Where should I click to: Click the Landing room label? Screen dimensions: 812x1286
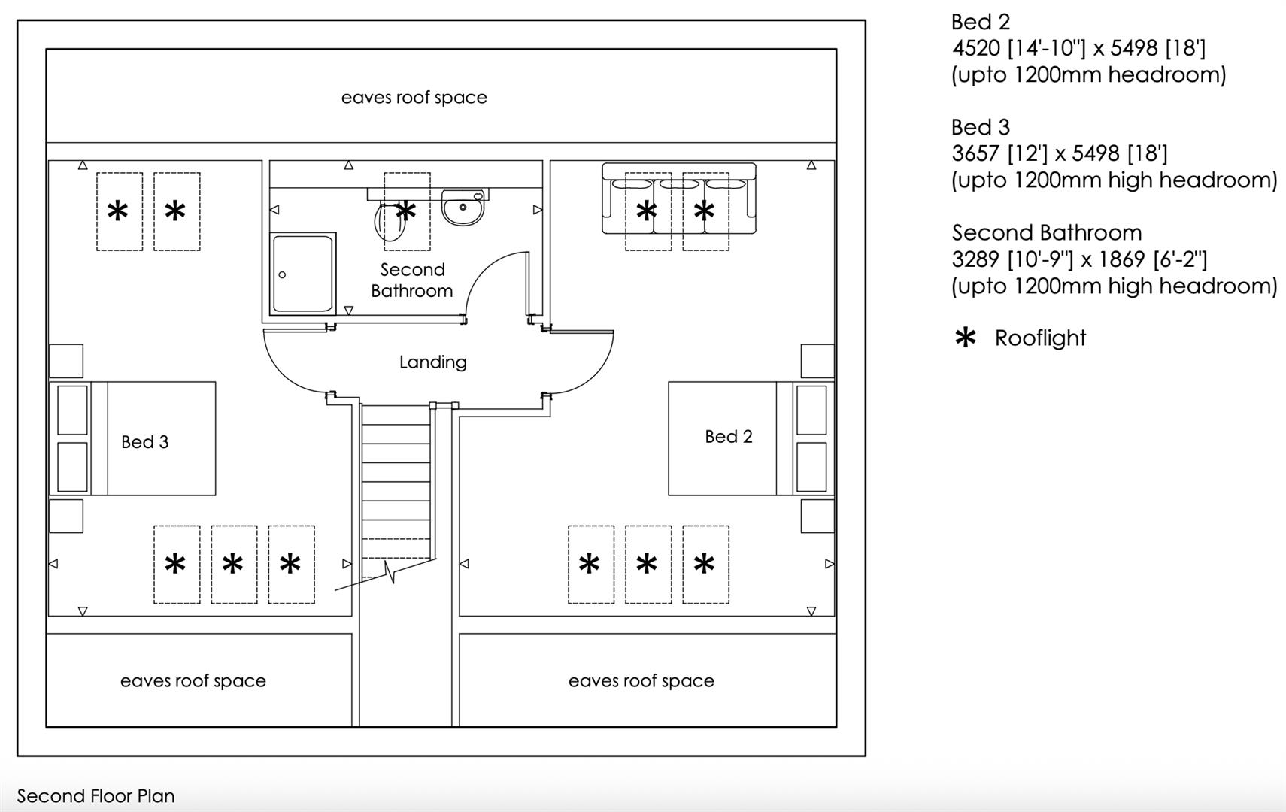pos(432,362)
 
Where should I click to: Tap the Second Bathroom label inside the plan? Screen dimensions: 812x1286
pos(412,280)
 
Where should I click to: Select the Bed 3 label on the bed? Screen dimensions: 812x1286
pos(144,442)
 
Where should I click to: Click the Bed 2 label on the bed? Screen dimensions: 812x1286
pos(728,437)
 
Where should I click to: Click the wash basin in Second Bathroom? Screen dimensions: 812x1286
pos(463,207)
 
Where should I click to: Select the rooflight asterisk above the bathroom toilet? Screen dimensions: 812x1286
pos(406,211)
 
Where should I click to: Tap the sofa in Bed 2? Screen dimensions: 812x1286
pos(678,198)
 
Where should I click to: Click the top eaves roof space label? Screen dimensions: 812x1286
pos(414,98)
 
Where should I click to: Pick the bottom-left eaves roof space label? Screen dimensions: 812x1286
pos(193,681)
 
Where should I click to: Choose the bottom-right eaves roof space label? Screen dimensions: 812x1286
pos(641,681)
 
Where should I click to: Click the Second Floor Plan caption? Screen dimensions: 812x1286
pos(96,796)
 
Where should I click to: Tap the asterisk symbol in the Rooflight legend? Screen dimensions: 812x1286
pos(965,338)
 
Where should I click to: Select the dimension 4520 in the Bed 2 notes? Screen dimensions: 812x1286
pos(975,49)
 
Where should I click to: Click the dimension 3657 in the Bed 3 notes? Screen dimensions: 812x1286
pos(975,154)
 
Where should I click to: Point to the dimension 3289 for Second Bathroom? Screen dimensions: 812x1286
pos(975,260)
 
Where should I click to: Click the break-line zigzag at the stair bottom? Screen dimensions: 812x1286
pos(389,574)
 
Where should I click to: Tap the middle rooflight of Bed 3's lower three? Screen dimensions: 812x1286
pos(233,564)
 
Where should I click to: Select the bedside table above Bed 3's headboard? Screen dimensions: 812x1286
pos(66,361)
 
